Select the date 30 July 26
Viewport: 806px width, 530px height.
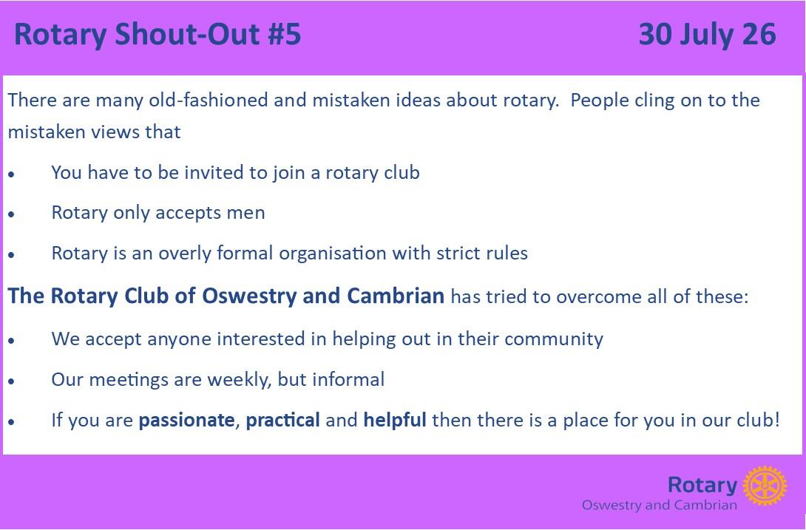tap(708, 35)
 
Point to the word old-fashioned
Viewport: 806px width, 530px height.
tap(209, 100)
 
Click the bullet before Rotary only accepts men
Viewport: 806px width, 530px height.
tap(11, 215)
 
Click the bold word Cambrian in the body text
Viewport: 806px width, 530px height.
tap(396, 296)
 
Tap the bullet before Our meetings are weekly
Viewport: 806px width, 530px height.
tap(11, 381)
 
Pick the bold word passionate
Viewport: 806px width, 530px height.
tap(186, 421)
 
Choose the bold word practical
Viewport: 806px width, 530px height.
tap(282, 421)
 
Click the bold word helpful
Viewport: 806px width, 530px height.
tap(395, 420)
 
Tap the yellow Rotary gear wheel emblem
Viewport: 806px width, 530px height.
tap(765, 486)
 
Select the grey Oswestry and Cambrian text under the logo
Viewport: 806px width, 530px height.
tap(660, 505)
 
